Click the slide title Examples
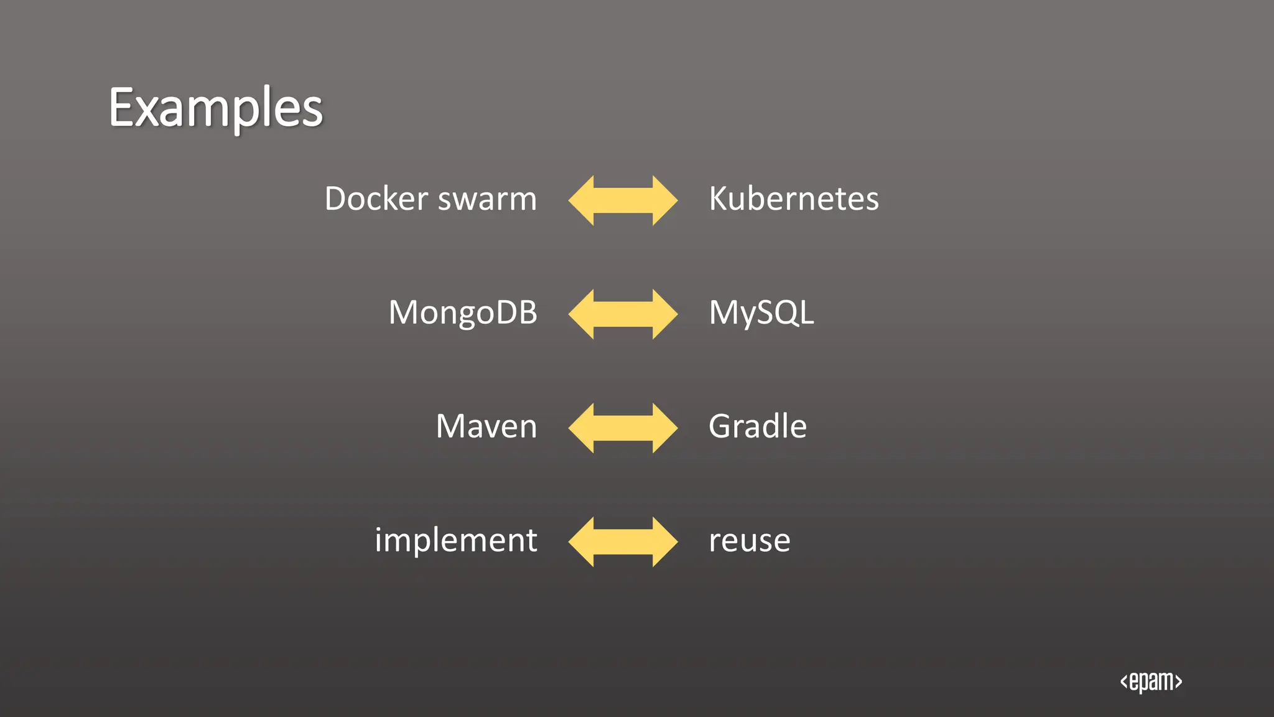coord(216,108)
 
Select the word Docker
coord(376,199)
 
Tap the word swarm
coord(487,199)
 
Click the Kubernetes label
coord(793,199)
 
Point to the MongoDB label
coord(463,312)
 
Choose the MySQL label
coord(761,312)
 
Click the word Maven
coord(486,426)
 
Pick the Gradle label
coord(757,426)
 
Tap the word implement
coord(455,540)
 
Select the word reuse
coord(749,540)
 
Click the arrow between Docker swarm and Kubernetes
coord(623,200)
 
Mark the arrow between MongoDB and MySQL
coord(623,314)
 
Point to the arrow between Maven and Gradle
coord(623,428)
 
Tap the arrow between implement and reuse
coord(623,541)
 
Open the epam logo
coord(1151,682)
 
